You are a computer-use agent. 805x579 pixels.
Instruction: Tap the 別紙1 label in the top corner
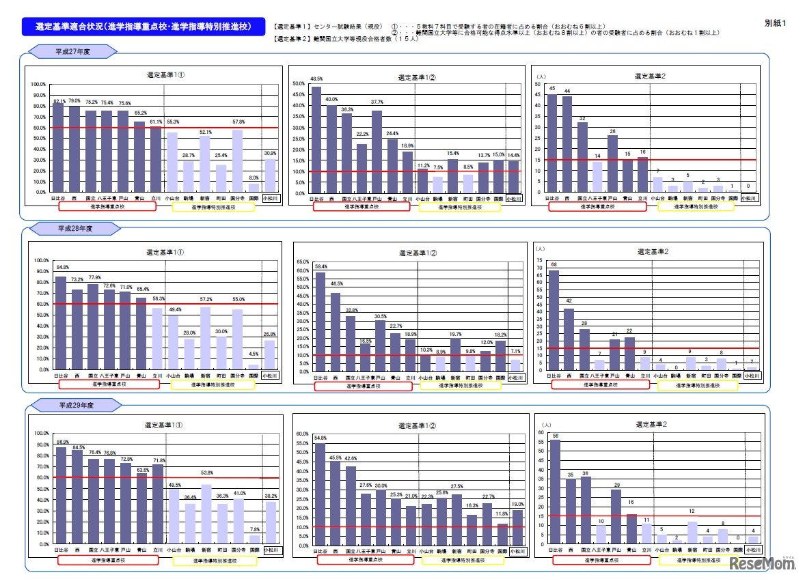(x=776, y=23)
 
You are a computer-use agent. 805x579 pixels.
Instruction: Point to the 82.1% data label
(x=59, y=101)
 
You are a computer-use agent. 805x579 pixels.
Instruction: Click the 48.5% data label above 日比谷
(x=316, y=79)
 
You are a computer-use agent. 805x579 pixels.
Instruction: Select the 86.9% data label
(x=61, y=442)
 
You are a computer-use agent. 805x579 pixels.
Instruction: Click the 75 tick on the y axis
(x=540, y=260)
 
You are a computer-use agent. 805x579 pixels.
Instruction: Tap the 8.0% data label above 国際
(x=254, y=178)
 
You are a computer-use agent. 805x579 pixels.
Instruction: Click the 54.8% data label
(x=320, y=438)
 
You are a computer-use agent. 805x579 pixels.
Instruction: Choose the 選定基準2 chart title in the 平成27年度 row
(x=646, y=76)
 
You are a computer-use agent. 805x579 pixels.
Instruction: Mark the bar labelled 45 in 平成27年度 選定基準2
(x=552, y=143)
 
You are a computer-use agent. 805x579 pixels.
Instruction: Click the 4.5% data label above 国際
(x=254, y=354)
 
